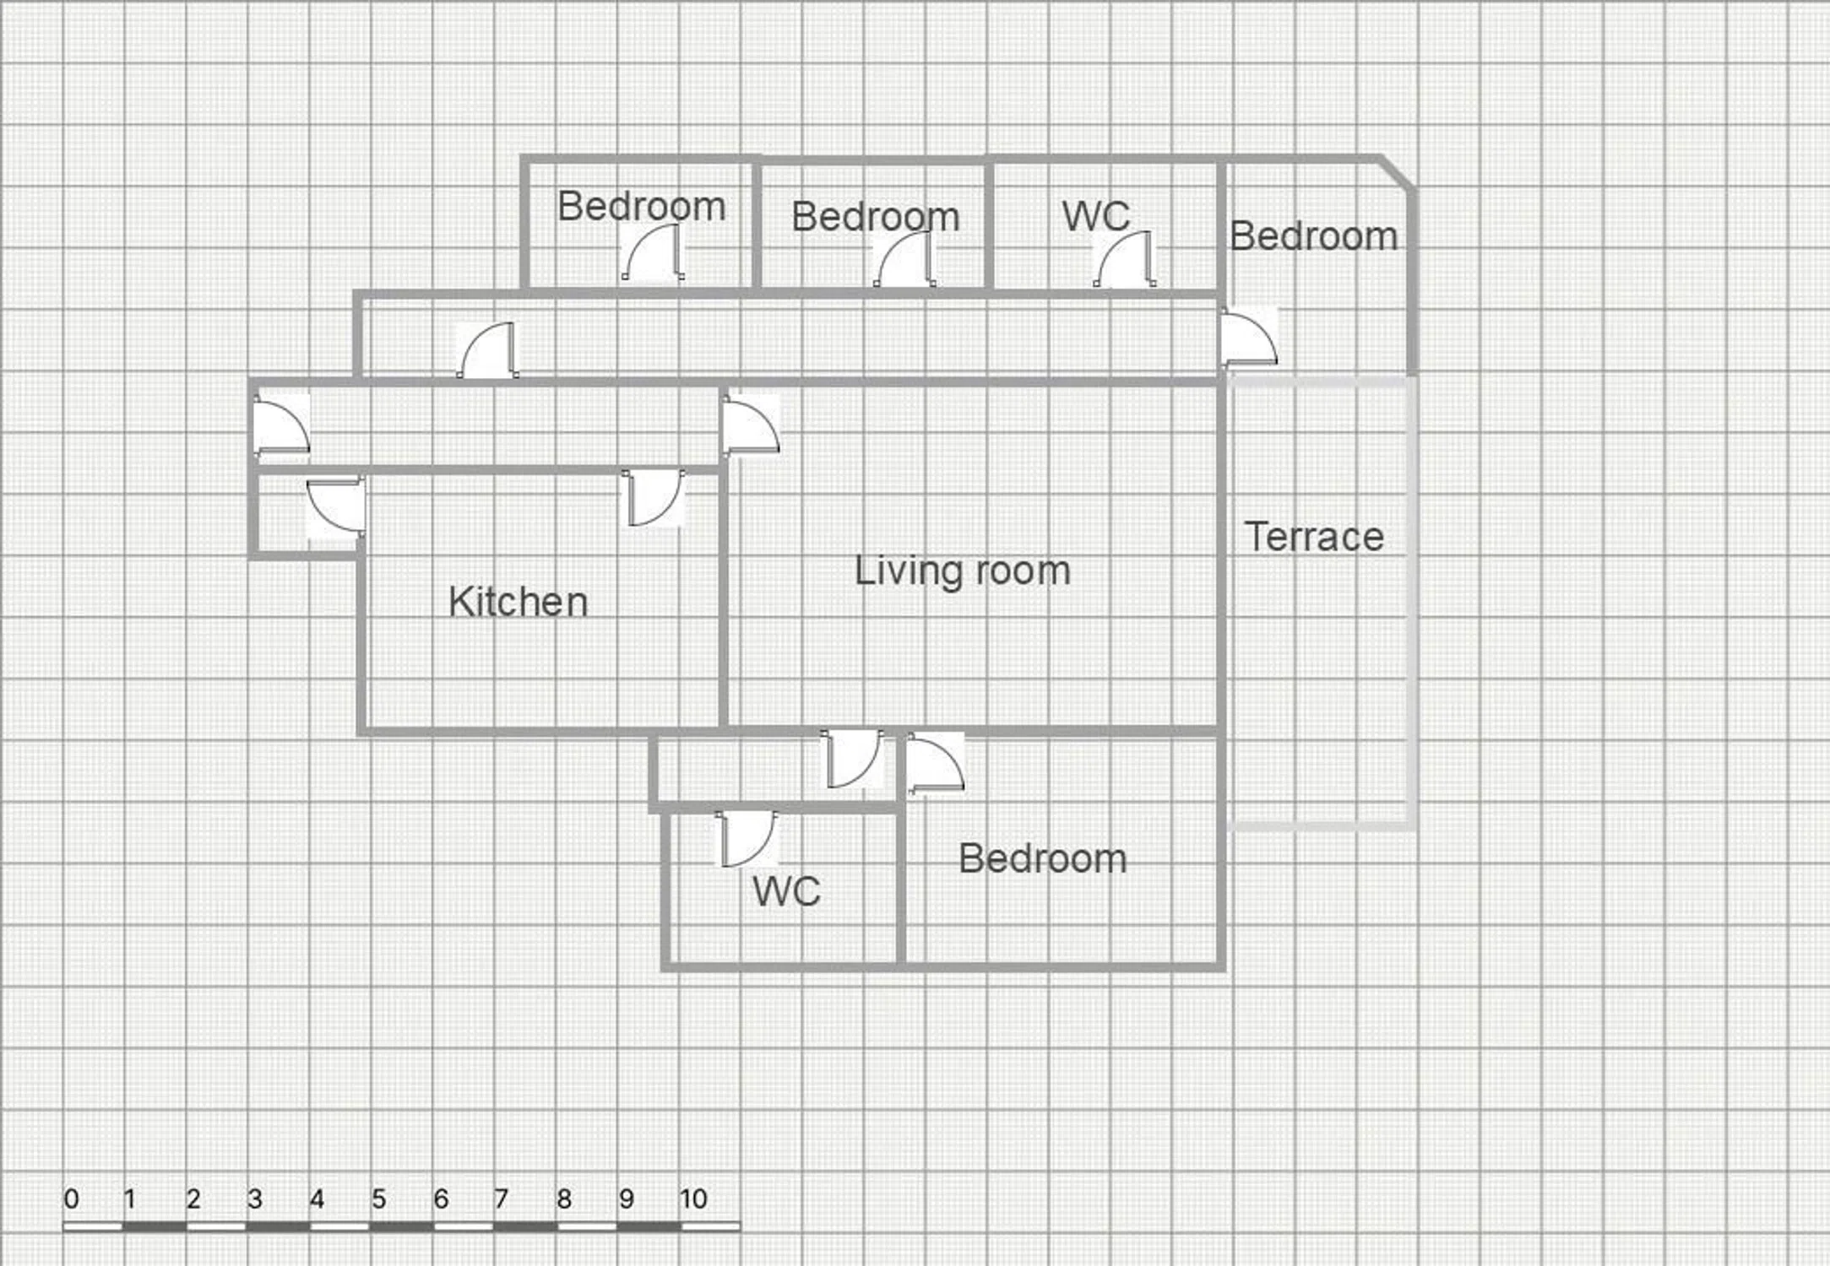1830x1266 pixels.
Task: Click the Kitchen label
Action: [518, 602]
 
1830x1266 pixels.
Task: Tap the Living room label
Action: [963, 571]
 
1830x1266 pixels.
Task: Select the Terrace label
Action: [1314, 537]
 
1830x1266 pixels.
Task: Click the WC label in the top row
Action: [1095, 216]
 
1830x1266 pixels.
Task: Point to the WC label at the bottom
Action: [786, 891]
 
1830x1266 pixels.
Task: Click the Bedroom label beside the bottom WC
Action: [1043, 858]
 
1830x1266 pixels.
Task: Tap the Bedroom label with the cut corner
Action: [1313, 235]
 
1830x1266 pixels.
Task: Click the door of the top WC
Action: [1125, 259]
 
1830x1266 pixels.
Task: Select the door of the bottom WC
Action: [747, 839]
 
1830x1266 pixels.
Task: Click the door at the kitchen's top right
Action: [653, 498]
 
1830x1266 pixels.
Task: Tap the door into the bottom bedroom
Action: [936, 763]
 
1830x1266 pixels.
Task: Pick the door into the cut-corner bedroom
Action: [1249, 338]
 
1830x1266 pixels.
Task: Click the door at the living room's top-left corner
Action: [750, 427]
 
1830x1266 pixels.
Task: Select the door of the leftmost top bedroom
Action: [653, 252]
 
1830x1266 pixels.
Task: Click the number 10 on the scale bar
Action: [693, 1198]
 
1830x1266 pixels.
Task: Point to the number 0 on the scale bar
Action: [72, 1198]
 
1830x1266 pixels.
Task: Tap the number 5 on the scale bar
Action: [378, 1198]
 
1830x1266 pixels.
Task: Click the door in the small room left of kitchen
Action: [336, 506]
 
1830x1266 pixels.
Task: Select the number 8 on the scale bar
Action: [564, 1198]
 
